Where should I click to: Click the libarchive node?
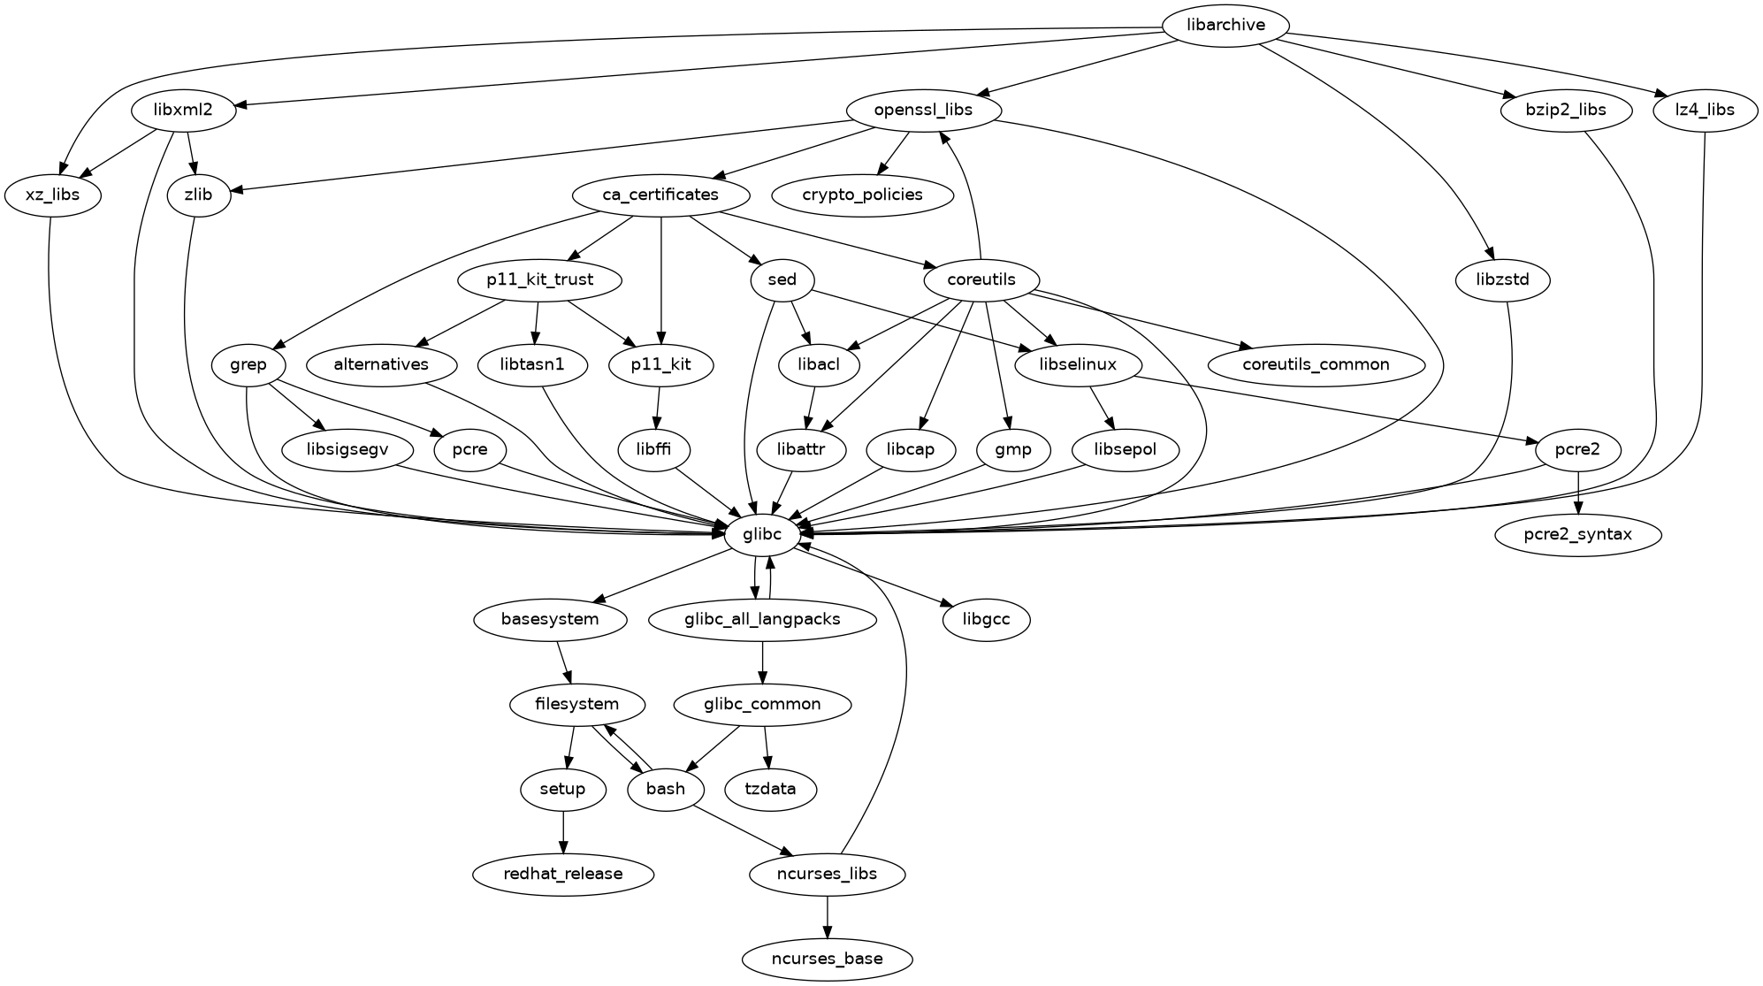click(x=1225, y=26)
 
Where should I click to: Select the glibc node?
click(x=762, y=534)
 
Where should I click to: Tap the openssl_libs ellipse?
click(x=923, y=111)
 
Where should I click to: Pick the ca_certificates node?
click(x=661, y=195)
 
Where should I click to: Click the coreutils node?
click(x=981, y=280)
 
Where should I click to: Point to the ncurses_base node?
click(x=827, y=959)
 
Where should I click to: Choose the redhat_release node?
click(x=563, y=874)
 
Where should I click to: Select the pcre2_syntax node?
click(x=1578, y=534)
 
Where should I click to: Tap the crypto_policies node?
click(x=863, y=195)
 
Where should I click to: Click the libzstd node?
click(x=1502, y=280)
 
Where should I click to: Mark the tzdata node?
click(x=770, y=789)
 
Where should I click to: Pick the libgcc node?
click(x=986, y=619)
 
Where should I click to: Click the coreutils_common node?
click(x=1316, y=364)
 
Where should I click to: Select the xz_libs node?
click(x=53, y=195)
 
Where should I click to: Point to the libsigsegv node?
click(x=347, y=449)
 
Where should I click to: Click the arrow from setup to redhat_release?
click(x=563, y=831)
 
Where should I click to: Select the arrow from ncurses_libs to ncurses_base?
click(x=827, y=916)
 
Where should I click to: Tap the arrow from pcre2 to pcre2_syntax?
click(x=1578, y=492)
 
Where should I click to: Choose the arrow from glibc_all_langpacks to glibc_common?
click(x=762, y=661)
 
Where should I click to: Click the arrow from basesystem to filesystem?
click(x=564, y=661)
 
